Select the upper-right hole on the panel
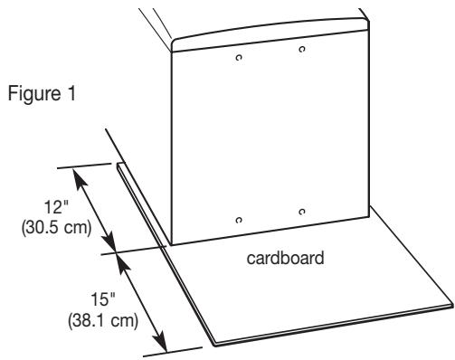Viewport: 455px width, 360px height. tap(302, 48)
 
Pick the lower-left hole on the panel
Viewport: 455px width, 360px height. tap(239, 220)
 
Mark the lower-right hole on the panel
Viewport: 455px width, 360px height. tap(301, 213)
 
